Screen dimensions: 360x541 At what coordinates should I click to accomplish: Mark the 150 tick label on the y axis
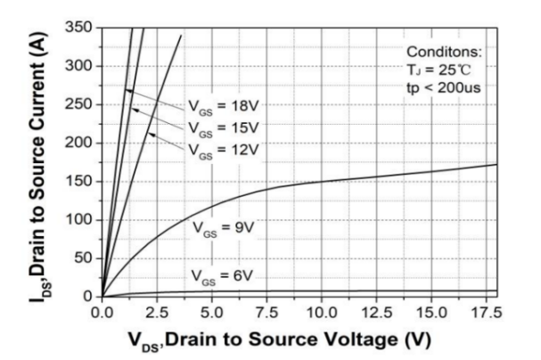[x=81, y=181]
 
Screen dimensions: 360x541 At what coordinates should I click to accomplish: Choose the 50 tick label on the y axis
[x=85, y=258]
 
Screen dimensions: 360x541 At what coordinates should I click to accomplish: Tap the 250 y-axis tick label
[x=81, y=104]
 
